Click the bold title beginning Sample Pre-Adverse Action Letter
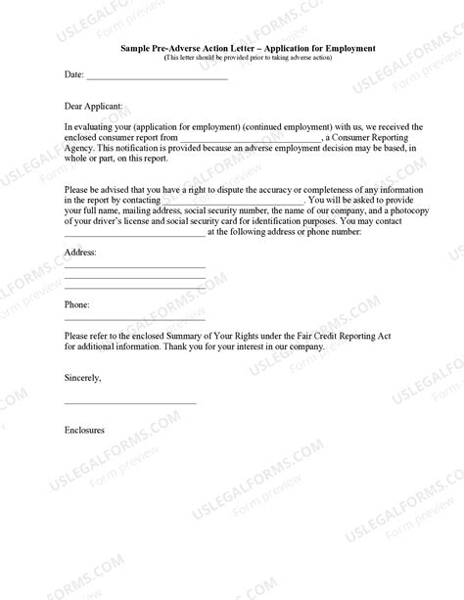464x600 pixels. tap(247, 48)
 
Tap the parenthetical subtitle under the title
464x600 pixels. tap(247, 58)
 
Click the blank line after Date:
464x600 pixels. tap(157, 77)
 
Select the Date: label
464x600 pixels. tap(73, 74)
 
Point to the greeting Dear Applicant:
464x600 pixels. tap(94, 102)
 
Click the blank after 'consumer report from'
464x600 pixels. tap(251, 141)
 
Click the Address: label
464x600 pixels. tap(80, 253)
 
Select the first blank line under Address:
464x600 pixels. tap(135, 267)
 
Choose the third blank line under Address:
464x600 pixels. tap(135, 288)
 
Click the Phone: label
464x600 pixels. tap(77, 305)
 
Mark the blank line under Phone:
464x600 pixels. tap(135, 320)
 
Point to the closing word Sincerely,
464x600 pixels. tap(82, 376)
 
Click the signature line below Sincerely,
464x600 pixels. tap(130, 403)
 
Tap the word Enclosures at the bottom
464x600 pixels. tap(84, 430)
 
